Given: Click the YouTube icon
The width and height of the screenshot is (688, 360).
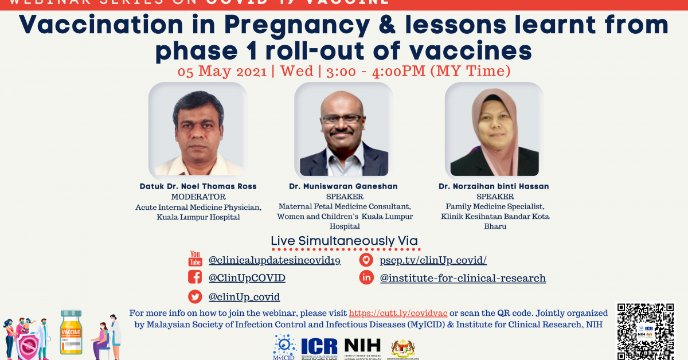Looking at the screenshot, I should point(195,259).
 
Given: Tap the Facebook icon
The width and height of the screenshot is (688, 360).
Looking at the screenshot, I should point(195,277).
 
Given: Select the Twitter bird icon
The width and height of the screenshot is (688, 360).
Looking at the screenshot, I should point(195,296).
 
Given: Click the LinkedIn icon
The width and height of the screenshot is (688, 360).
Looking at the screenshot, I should point(366,278).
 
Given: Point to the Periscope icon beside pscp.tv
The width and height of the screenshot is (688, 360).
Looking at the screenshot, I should point(366,260).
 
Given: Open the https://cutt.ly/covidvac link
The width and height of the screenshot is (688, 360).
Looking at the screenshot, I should point(398,313).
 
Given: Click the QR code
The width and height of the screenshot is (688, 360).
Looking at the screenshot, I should point(646,331).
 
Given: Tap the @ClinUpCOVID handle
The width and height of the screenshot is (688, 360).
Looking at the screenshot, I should point(247,278).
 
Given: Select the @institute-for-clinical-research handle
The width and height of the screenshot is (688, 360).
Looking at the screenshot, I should point(462,278).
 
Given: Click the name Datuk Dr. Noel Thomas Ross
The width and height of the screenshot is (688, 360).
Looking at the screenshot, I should point(198,186).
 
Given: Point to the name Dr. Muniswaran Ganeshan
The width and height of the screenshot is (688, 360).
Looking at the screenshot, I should point(344,186).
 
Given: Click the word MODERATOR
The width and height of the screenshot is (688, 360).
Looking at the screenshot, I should point(198,197).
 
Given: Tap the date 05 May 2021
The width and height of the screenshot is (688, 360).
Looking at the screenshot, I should point(222,72).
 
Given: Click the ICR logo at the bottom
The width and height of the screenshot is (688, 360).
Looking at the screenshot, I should point(319,346).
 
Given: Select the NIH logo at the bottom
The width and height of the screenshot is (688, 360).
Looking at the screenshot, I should point(362,346).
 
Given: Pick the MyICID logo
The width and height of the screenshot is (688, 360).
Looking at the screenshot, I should point(284,346).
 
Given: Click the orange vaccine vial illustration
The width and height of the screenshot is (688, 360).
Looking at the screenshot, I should point(71,332).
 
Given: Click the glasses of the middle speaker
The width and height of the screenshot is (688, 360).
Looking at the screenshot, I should point(342,119).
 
